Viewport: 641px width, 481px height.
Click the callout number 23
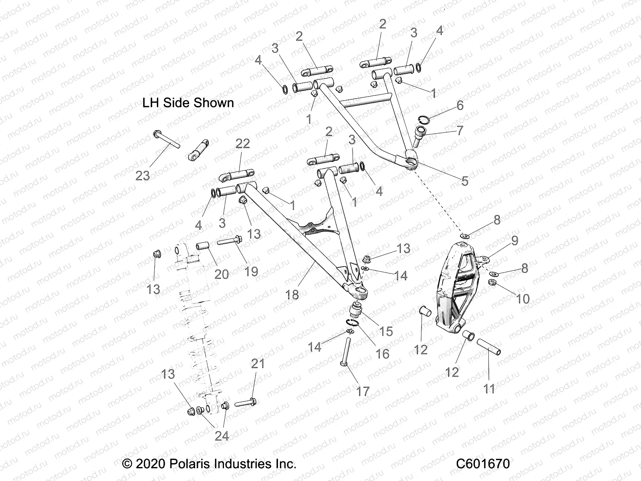(142, 175)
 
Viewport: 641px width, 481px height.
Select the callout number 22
(243, 143)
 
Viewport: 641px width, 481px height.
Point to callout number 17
(363, 391)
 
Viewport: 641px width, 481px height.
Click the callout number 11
(489, 388)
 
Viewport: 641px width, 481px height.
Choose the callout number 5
(465, 181)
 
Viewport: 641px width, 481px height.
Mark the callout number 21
(258, 364)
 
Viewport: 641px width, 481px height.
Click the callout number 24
(222, 436)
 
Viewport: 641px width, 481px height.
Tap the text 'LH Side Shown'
(188, 103)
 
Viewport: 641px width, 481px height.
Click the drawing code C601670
(483, 464)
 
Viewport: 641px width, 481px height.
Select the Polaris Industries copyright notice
(209, 464)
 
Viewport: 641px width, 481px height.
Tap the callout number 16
(382, 354)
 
